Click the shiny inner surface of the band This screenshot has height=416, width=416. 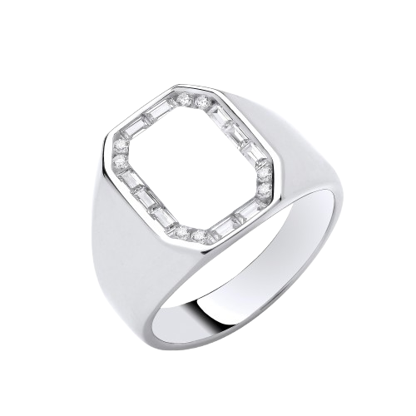[275, 275]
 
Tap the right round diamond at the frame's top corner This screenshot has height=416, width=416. [203, 102]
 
